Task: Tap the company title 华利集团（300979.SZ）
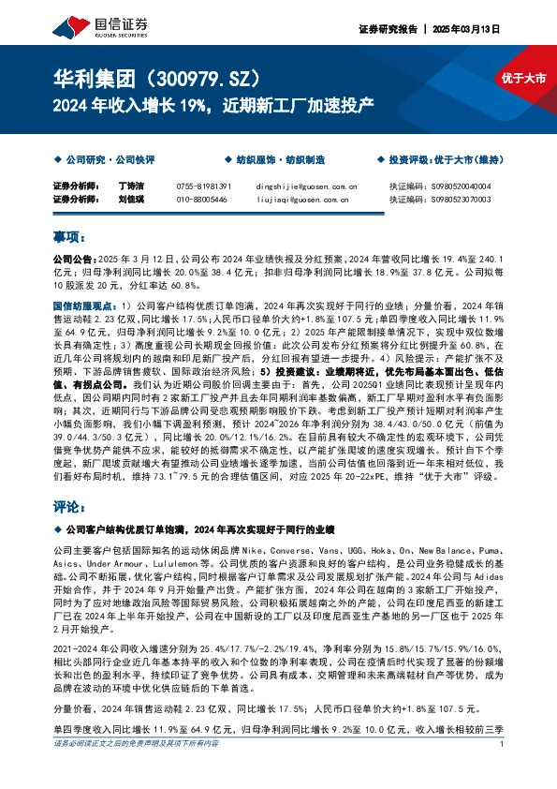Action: (155, 78)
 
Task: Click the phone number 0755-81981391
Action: (203, 186)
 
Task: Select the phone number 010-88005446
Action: (201, 199)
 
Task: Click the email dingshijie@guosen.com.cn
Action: (299, 186)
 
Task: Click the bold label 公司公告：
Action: (73, 257)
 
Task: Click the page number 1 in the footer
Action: (503, 770)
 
